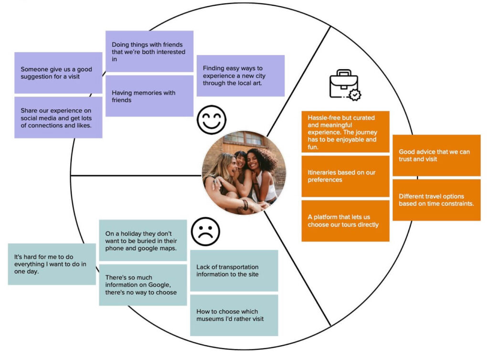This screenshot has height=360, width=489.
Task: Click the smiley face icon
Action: pos(212,119)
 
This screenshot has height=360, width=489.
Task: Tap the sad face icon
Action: pos(205,232)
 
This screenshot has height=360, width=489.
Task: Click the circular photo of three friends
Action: pos(244,172)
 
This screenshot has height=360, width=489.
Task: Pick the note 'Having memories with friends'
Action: pos(149,96)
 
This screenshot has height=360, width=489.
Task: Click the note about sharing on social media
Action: pos(58,117)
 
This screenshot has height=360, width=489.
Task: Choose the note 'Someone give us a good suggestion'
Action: pos(58,73)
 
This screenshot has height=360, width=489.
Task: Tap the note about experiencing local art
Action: pos(240,75)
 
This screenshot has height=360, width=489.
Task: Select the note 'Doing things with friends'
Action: pos(149,52)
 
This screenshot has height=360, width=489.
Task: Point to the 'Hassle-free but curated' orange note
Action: pos(345,132)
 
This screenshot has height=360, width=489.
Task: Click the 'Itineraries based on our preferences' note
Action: pos(345,176)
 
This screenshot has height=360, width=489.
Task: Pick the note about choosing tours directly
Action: pos(345,221)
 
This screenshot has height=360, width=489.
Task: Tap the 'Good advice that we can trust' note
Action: pos(436,155)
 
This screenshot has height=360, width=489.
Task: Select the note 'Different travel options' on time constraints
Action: pos(436,200)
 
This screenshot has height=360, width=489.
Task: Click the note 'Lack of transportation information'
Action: pos(234,270)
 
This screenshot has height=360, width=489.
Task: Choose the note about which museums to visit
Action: pos(234,315)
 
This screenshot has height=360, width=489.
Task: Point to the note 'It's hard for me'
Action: pos(52,264)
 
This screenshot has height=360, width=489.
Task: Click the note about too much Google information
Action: pos(142,285)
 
